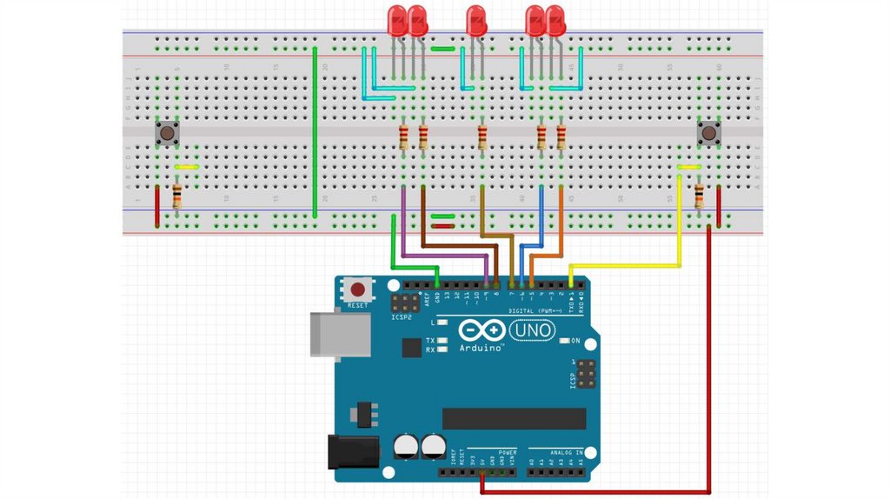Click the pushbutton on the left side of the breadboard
coord(168,133)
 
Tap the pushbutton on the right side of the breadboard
coord(710,133)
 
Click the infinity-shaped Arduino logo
coord(481,331)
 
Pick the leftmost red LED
coord(397,21)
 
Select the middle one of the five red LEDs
coord(475,21)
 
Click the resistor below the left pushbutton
coord(177,196)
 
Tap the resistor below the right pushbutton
coord(700,196)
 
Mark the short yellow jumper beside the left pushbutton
coord(187,166)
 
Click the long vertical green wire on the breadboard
coord(315,130)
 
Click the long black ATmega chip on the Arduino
coord(514,418)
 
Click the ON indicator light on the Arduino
coord(564,340)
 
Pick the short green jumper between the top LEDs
coord(443,49)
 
